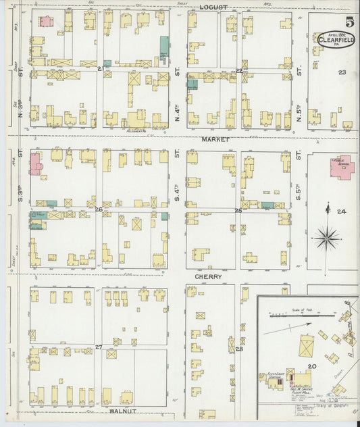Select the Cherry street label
(x=208, y=276)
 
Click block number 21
(x=101, y=69)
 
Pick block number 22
(x=238, y=70)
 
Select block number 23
(x=342, y=72)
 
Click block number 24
(x=342, y=212)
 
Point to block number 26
(x=99, y=209)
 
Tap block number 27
(x=99, y=347)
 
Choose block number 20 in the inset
(x=311, y=366)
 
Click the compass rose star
(x=328, y=237)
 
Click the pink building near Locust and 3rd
(x=45, y=21)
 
